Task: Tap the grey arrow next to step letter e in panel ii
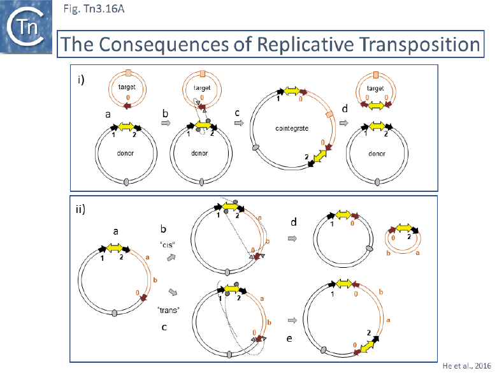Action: [x=292, y=319]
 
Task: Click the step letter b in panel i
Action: [x=166, y=113]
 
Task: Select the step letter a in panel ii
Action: [x=116, y=233]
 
